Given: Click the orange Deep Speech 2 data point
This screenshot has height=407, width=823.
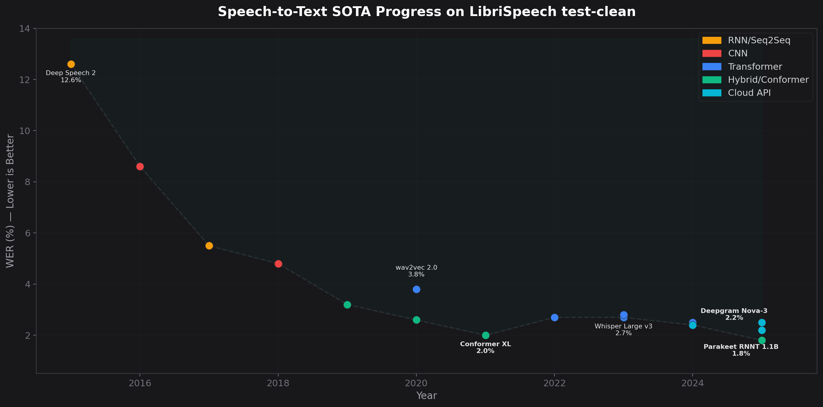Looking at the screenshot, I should [x=71, y=64].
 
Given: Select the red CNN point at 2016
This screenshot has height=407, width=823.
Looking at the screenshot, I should [x=140, y=166].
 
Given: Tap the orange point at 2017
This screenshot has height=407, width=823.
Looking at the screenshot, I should [x=209, y=246].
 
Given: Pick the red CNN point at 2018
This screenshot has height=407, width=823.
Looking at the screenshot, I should [x=278, y=264].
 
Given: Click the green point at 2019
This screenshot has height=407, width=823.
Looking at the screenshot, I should [x=347, y=305].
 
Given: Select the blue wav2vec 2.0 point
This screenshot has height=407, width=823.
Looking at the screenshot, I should [x=416, y=289].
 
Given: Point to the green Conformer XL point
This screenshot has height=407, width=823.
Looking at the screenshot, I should [x=486, y=335].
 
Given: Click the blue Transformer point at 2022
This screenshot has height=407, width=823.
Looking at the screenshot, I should [x=555, y=317].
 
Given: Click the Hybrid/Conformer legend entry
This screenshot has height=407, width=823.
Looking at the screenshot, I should [x=768, y=80].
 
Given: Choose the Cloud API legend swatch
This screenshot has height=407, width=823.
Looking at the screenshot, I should [x=712, y=93].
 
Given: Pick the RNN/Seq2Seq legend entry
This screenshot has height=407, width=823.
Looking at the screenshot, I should [x=759, y=40].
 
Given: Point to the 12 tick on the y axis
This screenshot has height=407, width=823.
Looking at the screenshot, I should [x=25, y=80].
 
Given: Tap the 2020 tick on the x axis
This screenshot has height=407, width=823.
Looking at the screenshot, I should [x=416, y=383].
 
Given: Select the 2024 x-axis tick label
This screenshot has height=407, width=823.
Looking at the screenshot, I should [x=692, y=383].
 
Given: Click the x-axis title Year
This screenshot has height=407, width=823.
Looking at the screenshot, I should [x=426, y=395].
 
